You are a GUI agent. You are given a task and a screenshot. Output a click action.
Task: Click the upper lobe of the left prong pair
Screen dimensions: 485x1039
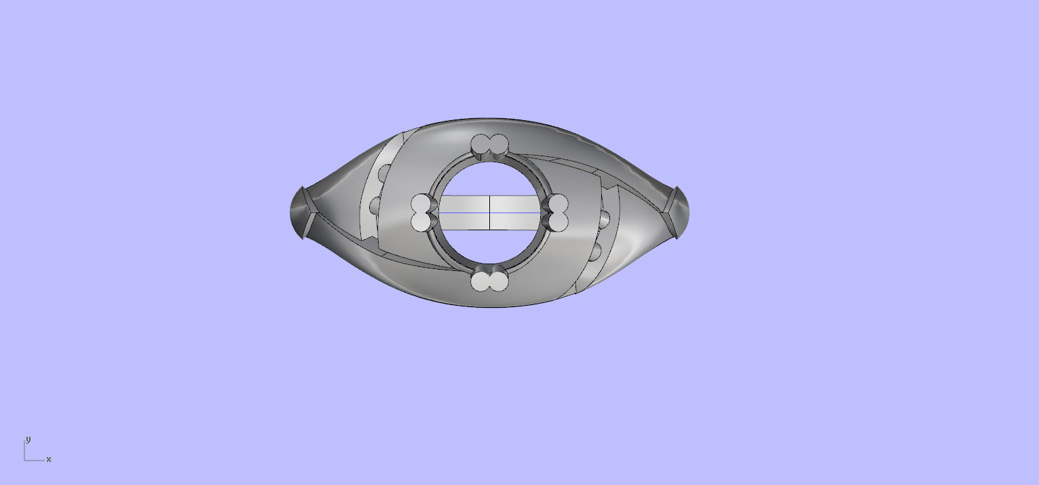421,204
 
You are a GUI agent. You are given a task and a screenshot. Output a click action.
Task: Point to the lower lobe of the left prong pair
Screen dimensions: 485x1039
421,221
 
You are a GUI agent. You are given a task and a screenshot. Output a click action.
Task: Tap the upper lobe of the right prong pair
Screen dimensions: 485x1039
559,204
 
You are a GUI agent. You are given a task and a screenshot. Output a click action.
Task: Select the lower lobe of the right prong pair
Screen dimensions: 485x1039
559,221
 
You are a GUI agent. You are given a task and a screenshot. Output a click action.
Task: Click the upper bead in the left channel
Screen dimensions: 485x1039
383,173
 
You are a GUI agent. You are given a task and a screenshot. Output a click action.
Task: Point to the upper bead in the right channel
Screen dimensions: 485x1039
604,219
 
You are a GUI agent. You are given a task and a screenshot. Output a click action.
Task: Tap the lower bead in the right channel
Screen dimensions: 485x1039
595,251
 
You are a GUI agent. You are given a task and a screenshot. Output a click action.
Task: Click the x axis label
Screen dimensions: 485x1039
49,459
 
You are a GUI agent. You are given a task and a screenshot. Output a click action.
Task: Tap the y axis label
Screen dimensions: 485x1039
28,439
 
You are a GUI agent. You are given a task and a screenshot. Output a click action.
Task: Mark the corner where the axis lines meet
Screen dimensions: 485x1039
25,460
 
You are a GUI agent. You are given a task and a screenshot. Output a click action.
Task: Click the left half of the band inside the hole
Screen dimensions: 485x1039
465,213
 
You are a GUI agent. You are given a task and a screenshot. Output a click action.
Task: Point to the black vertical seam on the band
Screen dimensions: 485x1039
490,213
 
